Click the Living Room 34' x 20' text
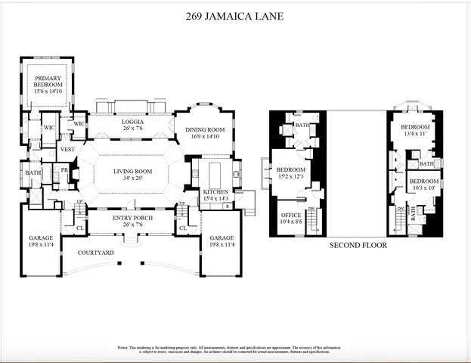[132, 175]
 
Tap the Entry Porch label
[132, 221]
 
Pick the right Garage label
[222, 241]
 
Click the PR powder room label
[65, 171]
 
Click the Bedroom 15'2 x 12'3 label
[290, 173]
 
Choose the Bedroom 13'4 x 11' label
[415, 130]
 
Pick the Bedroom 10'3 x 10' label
[424, 185]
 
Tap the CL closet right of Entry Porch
[183, 228]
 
